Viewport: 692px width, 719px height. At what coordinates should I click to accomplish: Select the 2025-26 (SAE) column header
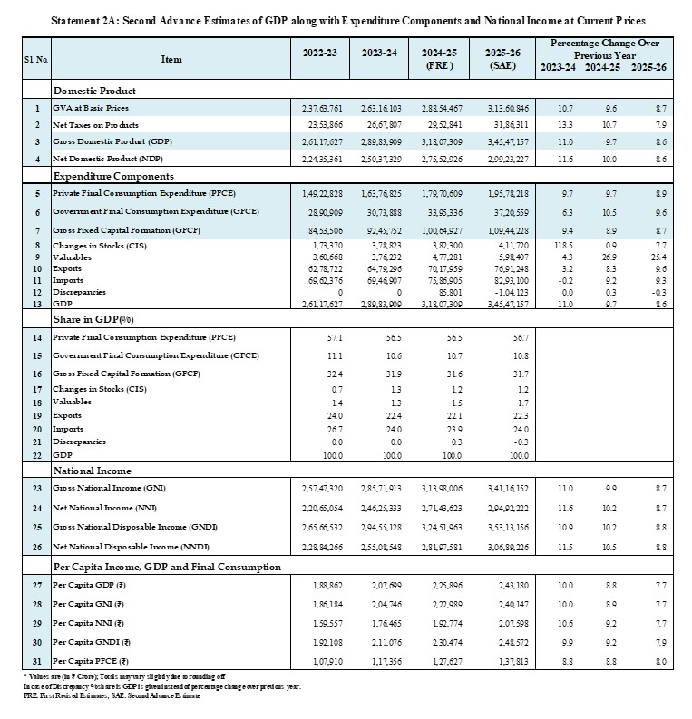coord(502,59)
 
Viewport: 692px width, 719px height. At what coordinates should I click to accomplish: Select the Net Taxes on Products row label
coord(95,125)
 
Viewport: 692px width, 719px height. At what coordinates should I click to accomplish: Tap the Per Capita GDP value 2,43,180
coord(513,586)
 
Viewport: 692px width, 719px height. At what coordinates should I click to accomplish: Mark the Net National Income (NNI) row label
coord(103,508)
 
